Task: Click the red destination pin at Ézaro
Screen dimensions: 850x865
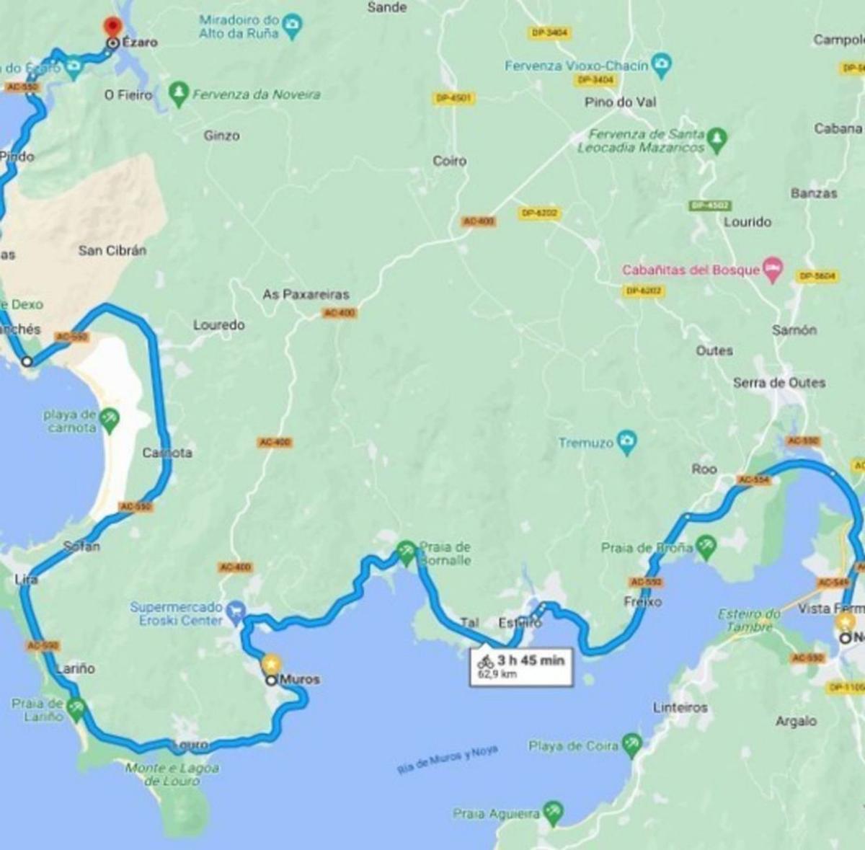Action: click(x=112, y=25)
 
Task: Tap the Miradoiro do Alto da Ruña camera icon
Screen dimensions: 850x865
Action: click(x=292, y=26)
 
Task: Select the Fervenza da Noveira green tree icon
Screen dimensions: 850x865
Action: click(x=178, y=93)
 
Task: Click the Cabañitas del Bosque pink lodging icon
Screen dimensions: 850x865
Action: click(x=773, y=268)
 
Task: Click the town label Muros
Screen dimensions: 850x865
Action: click(x=299, y=679)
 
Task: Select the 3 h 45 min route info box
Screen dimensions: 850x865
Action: click(x=521, y=665)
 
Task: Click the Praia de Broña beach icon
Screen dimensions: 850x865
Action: click(x=706, y=547)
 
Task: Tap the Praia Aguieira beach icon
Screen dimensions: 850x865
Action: click(x=553, y=813)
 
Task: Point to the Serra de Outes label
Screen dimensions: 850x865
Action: click(x=779, y=382)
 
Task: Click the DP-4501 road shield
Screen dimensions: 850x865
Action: click(x=453, y=97)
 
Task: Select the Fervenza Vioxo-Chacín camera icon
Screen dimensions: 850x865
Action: click(x=661, y=65)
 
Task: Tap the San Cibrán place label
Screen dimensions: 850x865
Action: click(x=112, y=250)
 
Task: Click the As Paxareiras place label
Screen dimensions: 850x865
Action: click(x=306, y=294)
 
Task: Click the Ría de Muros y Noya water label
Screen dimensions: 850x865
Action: click(x=447, y=760)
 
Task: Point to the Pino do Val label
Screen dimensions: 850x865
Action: click(x=620, y=102)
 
